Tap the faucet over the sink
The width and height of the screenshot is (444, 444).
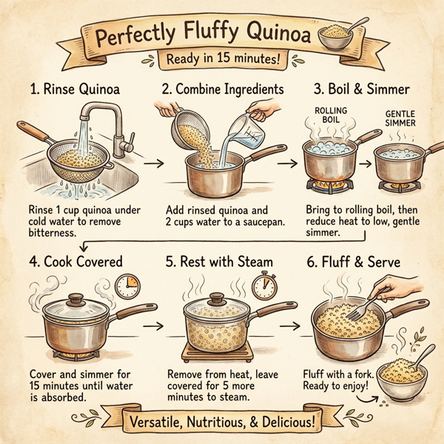[x=104, y=122]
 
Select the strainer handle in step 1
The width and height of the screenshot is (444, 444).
[x=33, y=135]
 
